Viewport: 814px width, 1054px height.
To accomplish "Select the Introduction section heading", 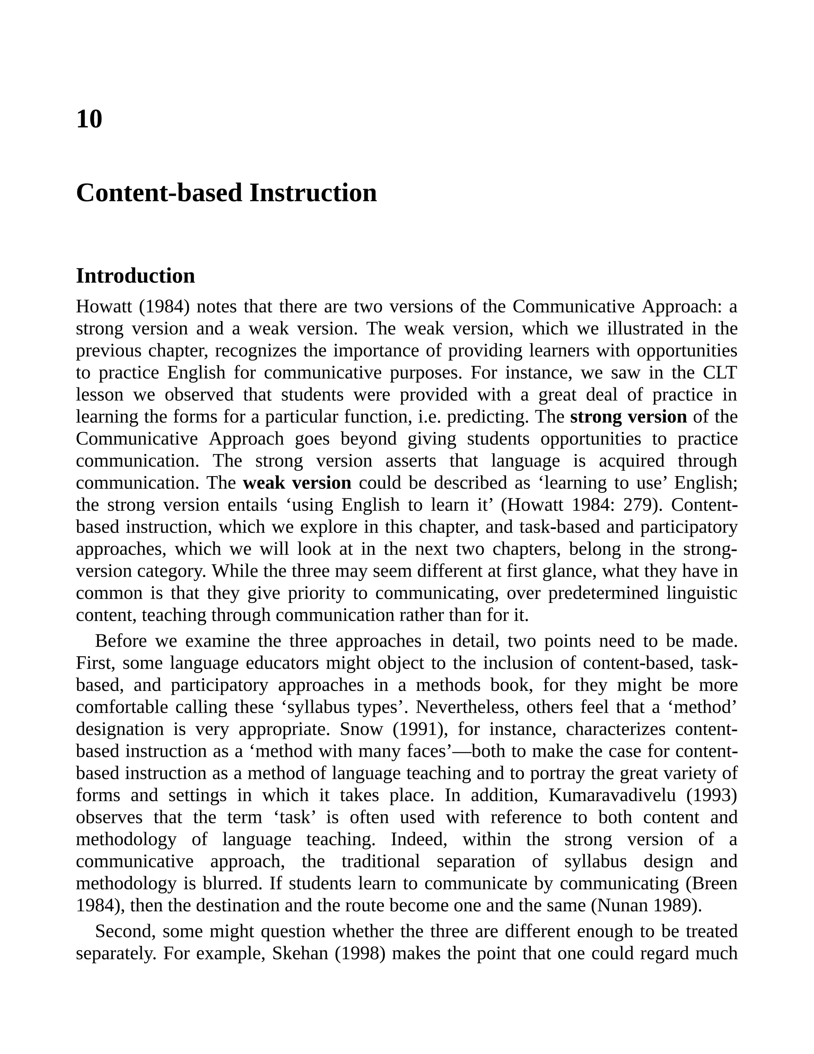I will [136, 276].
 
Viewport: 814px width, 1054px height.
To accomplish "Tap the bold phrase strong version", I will [628, 416].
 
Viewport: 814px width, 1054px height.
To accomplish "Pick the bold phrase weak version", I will [297, 482].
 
